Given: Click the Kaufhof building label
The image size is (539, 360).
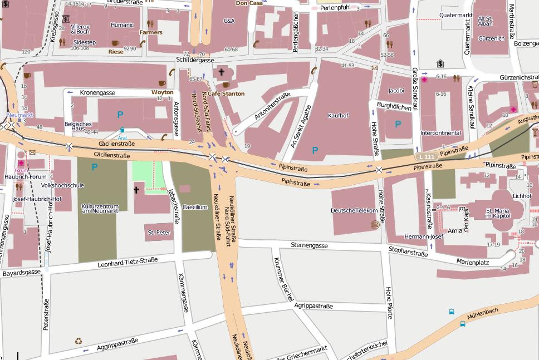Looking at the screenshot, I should pyautogui.click(x=338, y=116).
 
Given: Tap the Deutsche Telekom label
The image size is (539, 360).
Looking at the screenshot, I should pyautogui.click(x=354, y=210).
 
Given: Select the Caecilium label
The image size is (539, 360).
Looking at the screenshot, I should pyautogui.click(x=195, y=207).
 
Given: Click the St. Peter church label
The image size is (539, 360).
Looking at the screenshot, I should pyautogui.click(x=159, y=233).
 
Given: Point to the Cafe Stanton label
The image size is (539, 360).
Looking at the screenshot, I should pyautogui.click(x=226, y=93).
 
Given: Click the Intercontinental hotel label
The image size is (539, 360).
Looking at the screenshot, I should pyautogui.click(x=440, y=133).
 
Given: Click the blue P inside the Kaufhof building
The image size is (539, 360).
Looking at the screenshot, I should pyautogui.click(x=315, y=150).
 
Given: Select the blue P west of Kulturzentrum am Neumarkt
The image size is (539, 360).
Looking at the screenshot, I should pyautogui.click(x=94, y=167).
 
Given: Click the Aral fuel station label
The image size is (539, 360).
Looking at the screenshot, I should pyautogui.click(x=122, y=138).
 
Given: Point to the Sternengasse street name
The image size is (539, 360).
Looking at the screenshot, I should pyautogui.click(x=309, y=245).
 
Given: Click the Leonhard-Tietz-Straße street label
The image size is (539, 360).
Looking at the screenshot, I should pyautogui.click(x=128, y=262).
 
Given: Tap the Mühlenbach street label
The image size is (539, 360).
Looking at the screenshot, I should pyautogui.click(x=483, y=314).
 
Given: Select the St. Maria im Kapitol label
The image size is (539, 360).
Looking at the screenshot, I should pyautogui.click(x=497, y=213).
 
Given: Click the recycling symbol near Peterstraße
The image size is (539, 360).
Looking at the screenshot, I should pyautogui.click(x=78, y=341).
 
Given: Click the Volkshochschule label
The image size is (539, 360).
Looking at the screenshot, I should pyautogui.click(x=62, y=185).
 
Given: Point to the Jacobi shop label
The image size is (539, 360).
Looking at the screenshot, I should pyautogui.click(x=396, y=91).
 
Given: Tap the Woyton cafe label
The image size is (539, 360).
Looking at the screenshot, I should pyautogui.click(x=162, y=92).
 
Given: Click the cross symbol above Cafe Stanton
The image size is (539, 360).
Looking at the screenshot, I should pyautogui.click(x=221, y=72).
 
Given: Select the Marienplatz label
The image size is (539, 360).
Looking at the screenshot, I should pyautogui.click(x=472, y=262).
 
